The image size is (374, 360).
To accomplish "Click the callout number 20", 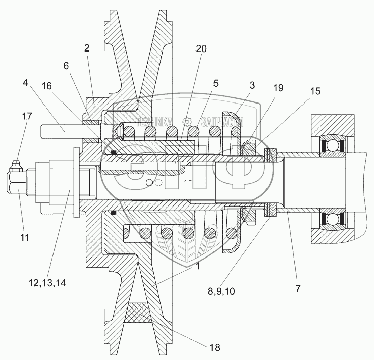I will (x=201, y=48).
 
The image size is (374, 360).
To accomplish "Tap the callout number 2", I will (x=87, y=48).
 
